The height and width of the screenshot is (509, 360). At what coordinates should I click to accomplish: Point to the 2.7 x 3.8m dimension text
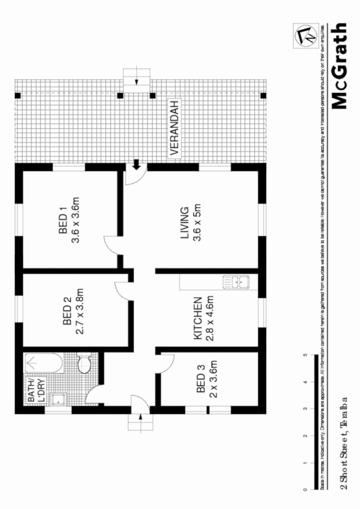pos(79,311)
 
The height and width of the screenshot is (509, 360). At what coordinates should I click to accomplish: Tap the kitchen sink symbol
pos(236,281)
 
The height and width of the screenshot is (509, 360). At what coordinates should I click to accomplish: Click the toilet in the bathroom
pos(84,363)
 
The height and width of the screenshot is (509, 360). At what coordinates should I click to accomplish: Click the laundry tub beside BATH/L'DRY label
pos(60,400)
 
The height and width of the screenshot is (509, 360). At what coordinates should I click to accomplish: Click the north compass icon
pos(306,35)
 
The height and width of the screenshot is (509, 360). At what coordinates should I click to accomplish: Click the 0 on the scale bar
pos(305,490)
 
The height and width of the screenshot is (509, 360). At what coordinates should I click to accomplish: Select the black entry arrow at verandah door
pos(136,164)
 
